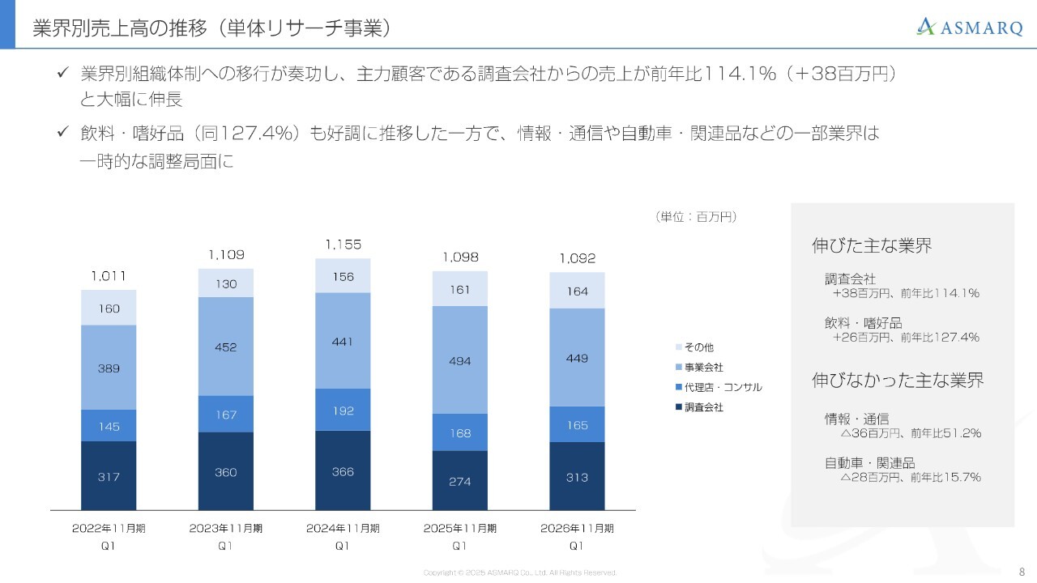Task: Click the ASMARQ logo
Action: [969, 28]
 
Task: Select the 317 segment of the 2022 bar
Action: [109, 476]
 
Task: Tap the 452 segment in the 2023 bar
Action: [226, 347]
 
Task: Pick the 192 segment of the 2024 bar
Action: [343, 411]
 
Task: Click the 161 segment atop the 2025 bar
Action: [460, 289]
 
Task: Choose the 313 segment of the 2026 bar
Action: [577, 476]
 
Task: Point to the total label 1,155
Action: [343, 244]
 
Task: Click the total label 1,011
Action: [109, 275]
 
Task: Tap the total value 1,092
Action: [577, 259]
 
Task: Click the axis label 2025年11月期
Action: [460, 528]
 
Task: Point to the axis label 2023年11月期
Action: [226, 528]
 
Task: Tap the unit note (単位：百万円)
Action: [696, 216]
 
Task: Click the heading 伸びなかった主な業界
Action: [898, 380]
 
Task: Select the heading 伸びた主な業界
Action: [872, 246]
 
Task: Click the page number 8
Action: [1021, 571]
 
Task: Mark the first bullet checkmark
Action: [62, 74]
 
